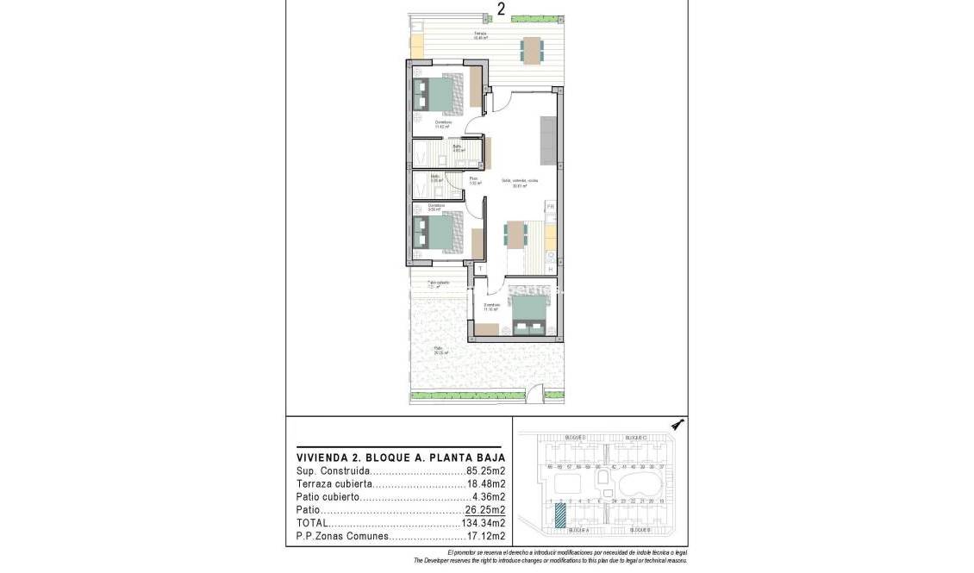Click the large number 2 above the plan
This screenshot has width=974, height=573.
tap(501, 9)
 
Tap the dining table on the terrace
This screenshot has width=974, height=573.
tap(531, 50)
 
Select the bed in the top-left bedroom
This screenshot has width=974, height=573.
tap(440, 95)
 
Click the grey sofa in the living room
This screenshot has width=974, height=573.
tap(547, 141)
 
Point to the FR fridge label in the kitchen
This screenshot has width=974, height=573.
tap(550, 208)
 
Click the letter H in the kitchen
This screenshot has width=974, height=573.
tap(550, 270)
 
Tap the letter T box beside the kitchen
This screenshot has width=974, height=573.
tap(480, 269)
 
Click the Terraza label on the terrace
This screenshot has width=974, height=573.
tap(480, 34)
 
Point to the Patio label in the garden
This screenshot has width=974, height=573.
tap(438, 349)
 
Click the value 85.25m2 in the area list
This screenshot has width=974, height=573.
tap(485, 471)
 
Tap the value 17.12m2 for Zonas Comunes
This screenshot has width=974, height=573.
tap(485, 536)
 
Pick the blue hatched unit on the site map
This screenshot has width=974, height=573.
tap(560, 515)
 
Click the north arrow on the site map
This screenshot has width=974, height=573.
tap(677, 424)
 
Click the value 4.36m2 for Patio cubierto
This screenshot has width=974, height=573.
tap(488, 497)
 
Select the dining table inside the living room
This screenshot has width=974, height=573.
tap(515, 234)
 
